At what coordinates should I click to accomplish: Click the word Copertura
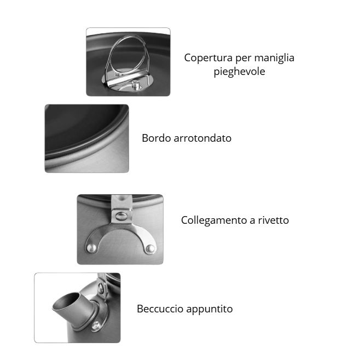click(208, 58)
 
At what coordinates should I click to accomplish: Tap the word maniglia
click(274, 57)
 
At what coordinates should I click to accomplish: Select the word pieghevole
click(239, 72)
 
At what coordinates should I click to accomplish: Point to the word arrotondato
click(202, 138)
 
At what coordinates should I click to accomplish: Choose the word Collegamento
click(214, 220)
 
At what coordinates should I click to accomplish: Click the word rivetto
click(274, 220)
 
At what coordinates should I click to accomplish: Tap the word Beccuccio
click(160, 309)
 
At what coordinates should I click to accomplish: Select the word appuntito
click(210, 309)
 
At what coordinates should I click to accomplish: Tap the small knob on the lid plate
click(136, 85)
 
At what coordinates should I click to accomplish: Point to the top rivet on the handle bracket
click(121, 216)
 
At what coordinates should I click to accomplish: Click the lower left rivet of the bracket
click(91, 248)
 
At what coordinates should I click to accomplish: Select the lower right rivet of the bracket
click(150, 248)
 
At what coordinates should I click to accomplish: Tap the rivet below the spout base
click(96, 325)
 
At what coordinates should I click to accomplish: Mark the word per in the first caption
click(243, 59)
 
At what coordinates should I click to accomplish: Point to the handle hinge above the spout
click(101, 287)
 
